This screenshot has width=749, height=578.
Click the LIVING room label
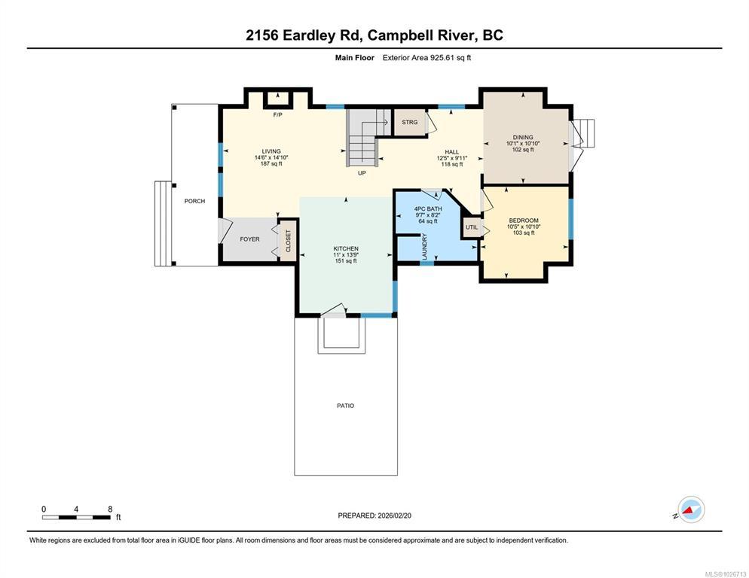click(x=271, y=151)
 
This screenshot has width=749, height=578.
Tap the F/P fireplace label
click(x=277, y=114)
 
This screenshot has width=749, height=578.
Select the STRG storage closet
click(x=409, y=123)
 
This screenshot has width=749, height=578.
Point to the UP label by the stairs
click(x=362, y=173)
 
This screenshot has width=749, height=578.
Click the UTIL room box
click(x=472, y=228)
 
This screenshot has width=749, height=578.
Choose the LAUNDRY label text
click(x=425, y=247)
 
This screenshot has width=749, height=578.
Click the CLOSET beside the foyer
click(x=288, y=241)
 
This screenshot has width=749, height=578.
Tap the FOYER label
click(x=250, y=239)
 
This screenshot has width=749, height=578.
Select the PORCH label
click(x=195, y=201)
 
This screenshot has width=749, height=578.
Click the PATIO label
click(x=345, y=406)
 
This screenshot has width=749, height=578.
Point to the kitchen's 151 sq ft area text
click(x=346, y=261)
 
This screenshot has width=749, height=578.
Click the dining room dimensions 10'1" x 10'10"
click(x=523, y=143)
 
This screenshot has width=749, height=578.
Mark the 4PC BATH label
click(x=428, y=208)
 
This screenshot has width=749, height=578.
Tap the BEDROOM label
click(x=524, y=221)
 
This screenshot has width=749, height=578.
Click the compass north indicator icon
click(x=691, y=510)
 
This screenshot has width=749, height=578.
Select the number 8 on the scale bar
click(x=110, y=510)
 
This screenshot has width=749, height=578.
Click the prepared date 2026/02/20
click(x=395, y=516)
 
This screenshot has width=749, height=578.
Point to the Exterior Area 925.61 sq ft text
click(x=426, y=58)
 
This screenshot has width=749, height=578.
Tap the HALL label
click(x=452, y=152)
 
